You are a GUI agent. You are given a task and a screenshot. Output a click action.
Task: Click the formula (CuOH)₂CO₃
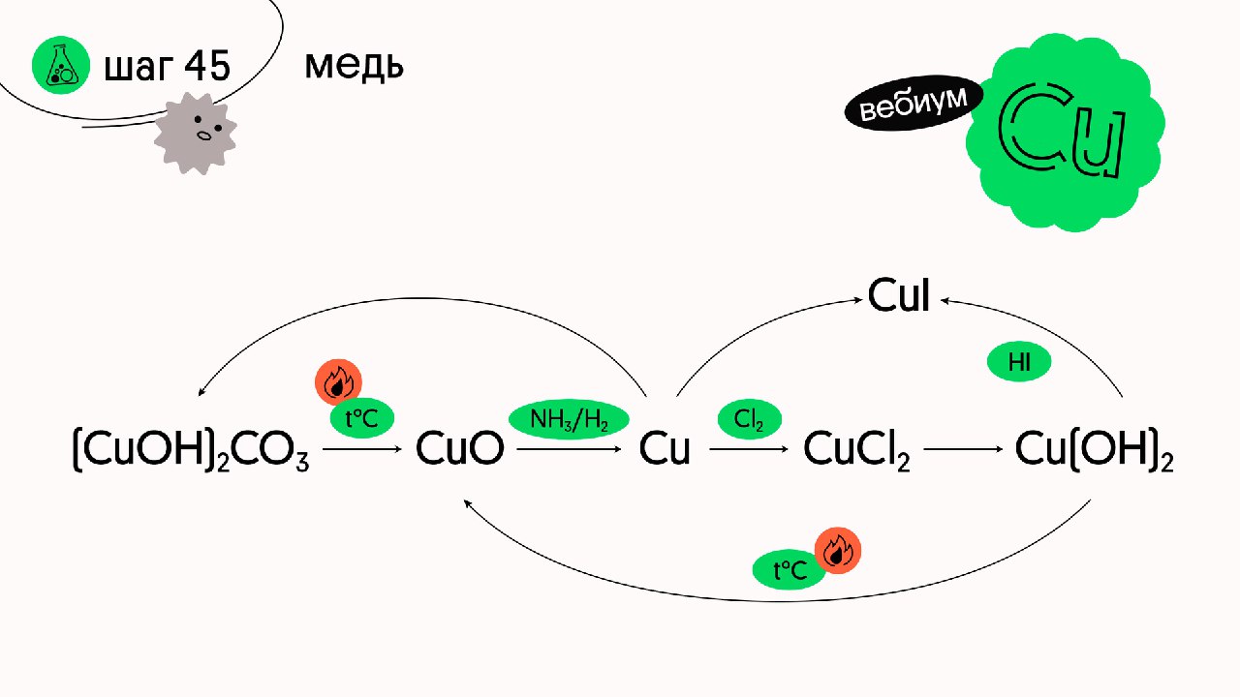coord(191,451)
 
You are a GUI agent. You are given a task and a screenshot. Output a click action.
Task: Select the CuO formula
coord(460,450)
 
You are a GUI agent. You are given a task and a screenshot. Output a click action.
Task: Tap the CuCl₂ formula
coord(856,451)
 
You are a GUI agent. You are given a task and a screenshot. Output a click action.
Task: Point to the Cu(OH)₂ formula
coord(1095,451)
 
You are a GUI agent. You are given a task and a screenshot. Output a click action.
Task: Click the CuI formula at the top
coord(899,295)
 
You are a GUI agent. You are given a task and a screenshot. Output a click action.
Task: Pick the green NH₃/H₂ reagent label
coord(569,420)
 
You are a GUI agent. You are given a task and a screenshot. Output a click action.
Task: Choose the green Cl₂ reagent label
coord(749,419)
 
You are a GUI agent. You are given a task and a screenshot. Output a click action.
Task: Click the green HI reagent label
coord(1018,363)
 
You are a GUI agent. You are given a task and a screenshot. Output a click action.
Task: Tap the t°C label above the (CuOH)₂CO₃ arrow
coord(362,418)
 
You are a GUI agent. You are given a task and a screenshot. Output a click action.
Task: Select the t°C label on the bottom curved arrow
coord(790,570)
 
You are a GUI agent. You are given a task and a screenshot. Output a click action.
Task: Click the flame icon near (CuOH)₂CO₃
coord(338,383)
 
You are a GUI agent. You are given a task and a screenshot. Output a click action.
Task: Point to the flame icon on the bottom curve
coord(837,552)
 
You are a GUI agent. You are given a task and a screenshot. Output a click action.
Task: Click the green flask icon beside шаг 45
coord(60,67)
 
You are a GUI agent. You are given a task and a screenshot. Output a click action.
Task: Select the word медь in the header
coord(354,66)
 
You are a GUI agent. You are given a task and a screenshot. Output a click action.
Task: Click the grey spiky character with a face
coord(195,134)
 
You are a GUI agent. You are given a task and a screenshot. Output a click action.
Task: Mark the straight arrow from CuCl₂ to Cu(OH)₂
coord(963,450)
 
